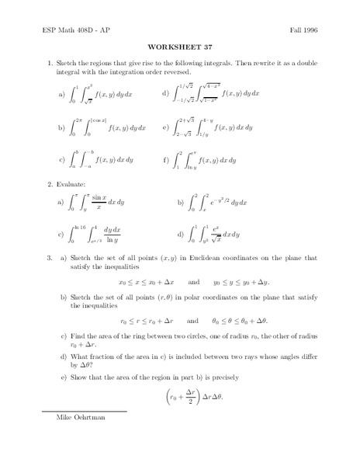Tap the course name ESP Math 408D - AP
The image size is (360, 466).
click(69, 28)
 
